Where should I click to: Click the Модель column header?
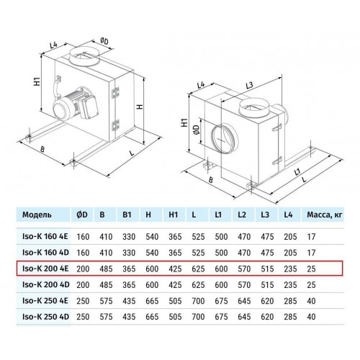pos(37,215)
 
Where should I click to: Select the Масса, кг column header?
pos(325,215)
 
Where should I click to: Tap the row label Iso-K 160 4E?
pos(45,237)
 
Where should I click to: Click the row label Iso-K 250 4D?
pos(45,317)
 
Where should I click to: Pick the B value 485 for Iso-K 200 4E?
pos(106,269)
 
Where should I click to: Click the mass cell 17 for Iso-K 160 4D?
pos(311,253)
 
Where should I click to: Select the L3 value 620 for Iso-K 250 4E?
pos(267,301)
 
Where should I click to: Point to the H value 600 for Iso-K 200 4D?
pos(152,285)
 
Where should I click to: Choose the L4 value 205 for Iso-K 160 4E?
pos(290,237)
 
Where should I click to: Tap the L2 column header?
pos(242,215)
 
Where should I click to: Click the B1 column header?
pos(127,215)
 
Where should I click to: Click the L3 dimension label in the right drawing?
pos(250,86)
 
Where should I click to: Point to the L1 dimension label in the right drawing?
pos(297,172)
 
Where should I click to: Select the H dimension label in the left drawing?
pos(140,106)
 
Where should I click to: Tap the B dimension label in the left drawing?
pos(42,150)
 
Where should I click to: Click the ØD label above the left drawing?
pos(104,41)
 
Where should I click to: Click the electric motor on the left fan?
pos(75,104)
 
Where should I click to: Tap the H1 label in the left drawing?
pos(37,81)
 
